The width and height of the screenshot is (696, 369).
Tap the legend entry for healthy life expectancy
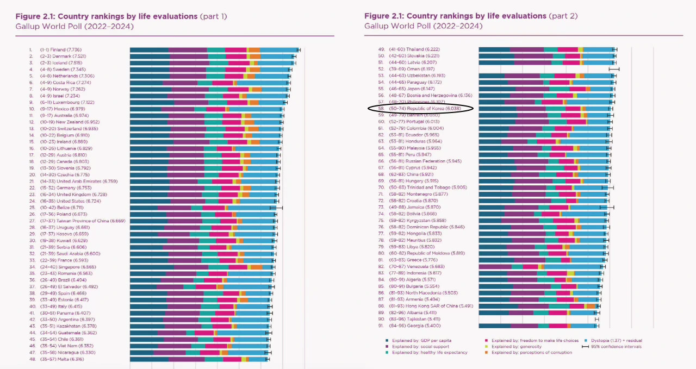tap(430, 352)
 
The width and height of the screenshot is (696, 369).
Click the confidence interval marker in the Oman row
tap(614, 69)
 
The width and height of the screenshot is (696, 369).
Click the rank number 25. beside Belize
tap(32, 207)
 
